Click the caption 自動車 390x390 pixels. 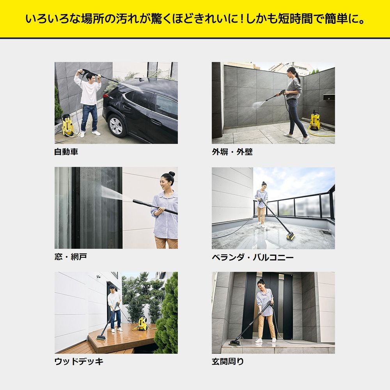click(66, 152)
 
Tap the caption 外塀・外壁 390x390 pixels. click(232, 152)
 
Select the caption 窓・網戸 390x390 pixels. click(71, 257)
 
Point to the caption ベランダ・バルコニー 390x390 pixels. click(253, 257)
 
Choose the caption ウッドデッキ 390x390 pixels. click(79, 362)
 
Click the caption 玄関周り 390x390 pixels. click(228, 362)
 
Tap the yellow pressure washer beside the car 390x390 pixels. click(68, 125)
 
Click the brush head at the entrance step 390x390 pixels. click(235, 343)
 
